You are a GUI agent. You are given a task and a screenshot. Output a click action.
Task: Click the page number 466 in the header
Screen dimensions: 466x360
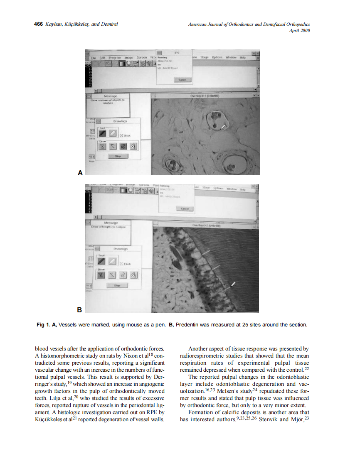click(38, 24)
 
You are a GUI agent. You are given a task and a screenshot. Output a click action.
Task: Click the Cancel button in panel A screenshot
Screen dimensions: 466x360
click(182, 79)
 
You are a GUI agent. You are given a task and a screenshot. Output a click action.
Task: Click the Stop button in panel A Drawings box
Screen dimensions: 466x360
click(118, 156)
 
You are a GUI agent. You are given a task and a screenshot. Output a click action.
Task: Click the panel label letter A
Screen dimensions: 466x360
click(80, 172)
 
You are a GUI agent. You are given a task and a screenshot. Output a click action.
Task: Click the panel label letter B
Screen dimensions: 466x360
click(80, 309)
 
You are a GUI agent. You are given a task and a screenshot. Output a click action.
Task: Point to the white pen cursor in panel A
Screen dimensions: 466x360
click(224, 125)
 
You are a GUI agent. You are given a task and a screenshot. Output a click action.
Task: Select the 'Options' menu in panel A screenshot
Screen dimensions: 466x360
click(217, 57)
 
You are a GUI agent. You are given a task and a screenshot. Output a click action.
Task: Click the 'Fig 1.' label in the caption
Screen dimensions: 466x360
click(43, 325)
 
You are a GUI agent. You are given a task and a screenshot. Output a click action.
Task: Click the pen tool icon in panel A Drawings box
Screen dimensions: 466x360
click(102, 133)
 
